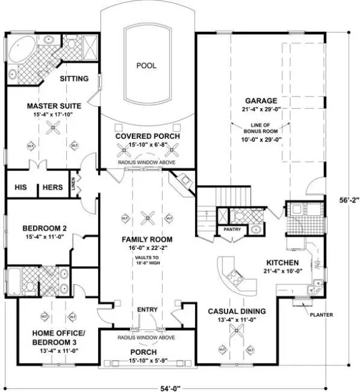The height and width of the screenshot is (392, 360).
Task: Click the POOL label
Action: (146, 66)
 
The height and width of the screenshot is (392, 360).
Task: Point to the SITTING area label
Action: (74, 78)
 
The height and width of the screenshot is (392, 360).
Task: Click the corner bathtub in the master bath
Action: (22, 47)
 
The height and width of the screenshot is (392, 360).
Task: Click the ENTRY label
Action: (146, 310)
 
